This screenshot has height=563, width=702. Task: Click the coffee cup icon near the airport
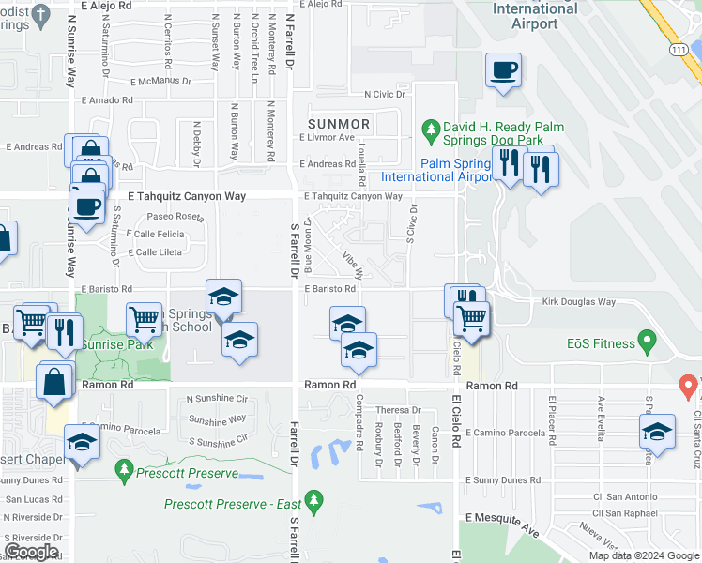click(x=503, y=70)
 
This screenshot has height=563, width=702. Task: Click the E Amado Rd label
click(x=106, y=99)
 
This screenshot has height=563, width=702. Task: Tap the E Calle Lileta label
click(x=155, y=252)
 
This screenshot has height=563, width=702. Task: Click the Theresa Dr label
click(x=398, y=410)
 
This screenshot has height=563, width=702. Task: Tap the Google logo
click(x=31, y=552)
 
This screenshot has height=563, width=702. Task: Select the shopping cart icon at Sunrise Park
click(x=145, y=319)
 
